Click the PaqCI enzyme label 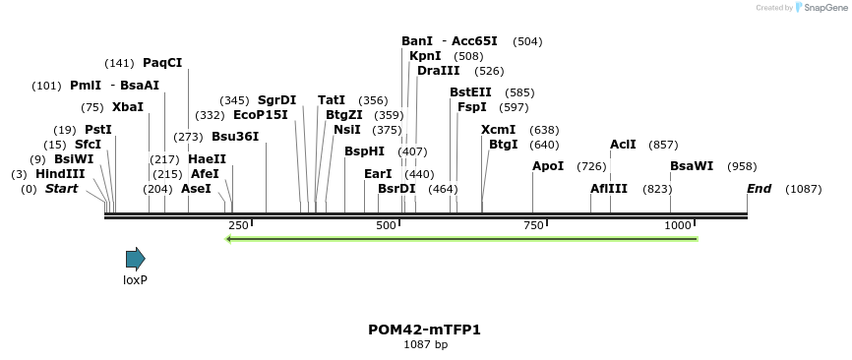click(162, 63)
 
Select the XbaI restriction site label click(127, 106)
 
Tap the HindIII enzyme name click(60, 173)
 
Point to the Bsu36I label click(235, 136)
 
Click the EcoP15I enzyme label click(261, 115)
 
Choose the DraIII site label click(438, 71)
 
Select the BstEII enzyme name click(470, 92)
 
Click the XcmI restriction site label click(498, 130)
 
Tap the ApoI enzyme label click(548, 166)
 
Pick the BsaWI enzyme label click(692, 166)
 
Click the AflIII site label click(610, 188)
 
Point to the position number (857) click(663, 145)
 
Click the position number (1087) click(803, 189)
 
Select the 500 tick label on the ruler click(387, 226)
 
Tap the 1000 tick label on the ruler click(679, 226)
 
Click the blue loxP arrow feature click(135, 259)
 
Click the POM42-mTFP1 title click(425, 330)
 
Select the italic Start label click(61, 189)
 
